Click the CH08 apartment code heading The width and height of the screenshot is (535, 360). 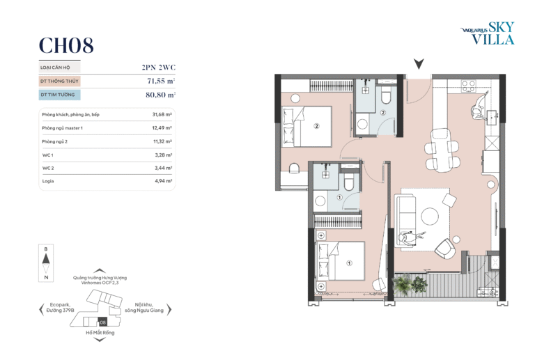[66, 45]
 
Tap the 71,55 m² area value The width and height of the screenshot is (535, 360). [161, 81]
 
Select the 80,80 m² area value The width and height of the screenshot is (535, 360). [160, 95]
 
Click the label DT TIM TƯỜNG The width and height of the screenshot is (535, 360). [58, 95]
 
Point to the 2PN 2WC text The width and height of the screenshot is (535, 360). [159, 67]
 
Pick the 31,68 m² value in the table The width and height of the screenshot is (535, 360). [162, 114]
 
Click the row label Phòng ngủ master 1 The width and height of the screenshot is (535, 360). [63, 128]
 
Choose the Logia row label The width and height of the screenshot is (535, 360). [48, 181]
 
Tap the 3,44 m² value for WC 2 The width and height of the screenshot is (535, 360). [164, 168]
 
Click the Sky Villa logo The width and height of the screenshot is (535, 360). [488, 33]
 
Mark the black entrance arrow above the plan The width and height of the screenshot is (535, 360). [419, 64]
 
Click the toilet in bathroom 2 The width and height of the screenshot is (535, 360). [385, 95]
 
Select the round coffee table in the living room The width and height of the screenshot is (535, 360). [430, 216]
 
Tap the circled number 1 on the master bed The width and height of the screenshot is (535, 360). [349, 263]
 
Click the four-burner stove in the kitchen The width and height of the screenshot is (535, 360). [468, 86]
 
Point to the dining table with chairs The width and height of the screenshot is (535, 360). [441, 150]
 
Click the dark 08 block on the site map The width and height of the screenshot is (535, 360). [102, 322]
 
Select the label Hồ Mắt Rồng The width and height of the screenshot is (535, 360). [100, 333]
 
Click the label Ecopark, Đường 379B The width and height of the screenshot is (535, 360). [61, 308]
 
